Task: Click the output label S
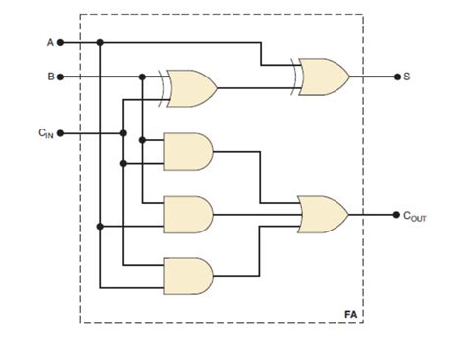pyautogui.click(x=407, y=76)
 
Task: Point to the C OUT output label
pyautogui.click(x=417, y=214)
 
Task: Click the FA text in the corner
pyautogui.click(x=350, y=313)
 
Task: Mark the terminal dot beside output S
pyautogui.click(x=395, y=76)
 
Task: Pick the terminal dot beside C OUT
pyautogui.click(x=395, y=212)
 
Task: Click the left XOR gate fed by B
pyautogui.click(x=192, y=87)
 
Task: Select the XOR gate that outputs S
pyautogui.click(x=323, y=75)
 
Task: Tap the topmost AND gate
pyautogui.click(x=189, y=150)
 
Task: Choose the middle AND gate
pyautogui.click(x=189, y=214)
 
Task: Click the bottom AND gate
pyautogui.click(x=189, y=276)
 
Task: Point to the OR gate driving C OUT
pyautogui.click(x=323, y=212)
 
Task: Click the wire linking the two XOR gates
pyautogui.click(x=255, y=87)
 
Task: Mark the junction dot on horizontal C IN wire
pyautogui.click(x=123, y=133)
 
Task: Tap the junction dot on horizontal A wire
pyautogui.click(x=100, y=42)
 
